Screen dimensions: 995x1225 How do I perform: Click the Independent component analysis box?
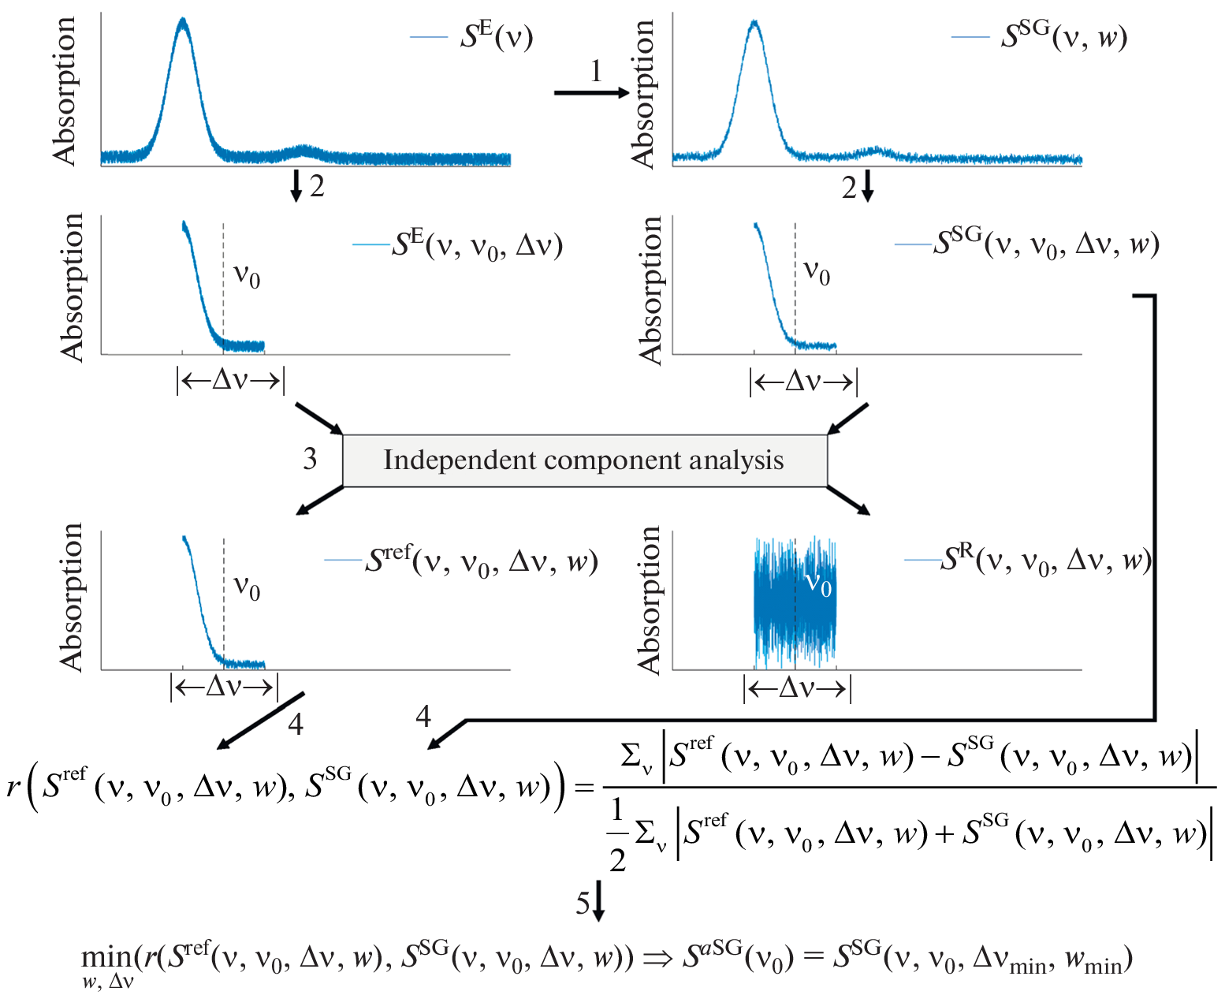584,460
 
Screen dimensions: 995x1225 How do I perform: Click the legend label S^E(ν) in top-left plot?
496,37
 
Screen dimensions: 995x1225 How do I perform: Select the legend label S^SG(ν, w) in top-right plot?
1063,37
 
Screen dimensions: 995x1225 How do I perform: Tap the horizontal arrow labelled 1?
591,93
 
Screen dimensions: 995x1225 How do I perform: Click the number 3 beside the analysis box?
310,459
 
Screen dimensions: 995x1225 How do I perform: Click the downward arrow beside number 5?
598,903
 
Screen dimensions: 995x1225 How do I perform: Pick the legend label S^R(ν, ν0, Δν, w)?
1045,561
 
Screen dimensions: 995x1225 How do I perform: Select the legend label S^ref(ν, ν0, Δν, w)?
481,561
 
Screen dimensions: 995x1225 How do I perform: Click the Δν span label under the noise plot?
797,689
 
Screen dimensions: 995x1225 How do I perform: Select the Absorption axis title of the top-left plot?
65,91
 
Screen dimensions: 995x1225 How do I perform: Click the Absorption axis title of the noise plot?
650,601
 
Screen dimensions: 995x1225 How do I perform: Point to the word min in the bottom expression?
107,957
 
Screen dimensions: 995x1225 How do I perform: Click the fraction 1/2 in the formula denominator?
617,834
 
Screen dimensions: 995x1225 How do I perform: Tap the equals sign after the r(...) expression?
584,788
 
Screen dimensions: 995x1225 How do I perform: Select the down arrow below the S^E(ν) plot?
296,185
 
